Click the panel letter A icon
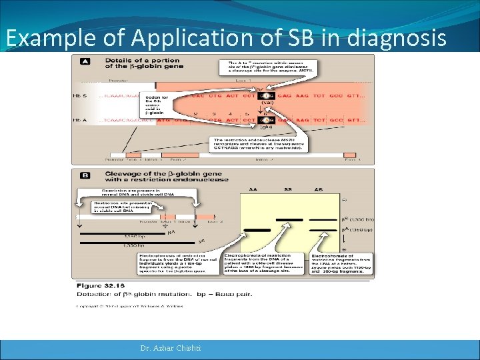click(x=85, y=61)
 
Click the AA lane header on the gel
click(x=253, y=190)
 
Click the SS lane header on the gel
click(x=288, y=190)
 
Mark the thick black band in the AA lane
click(x=253, y=229)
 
